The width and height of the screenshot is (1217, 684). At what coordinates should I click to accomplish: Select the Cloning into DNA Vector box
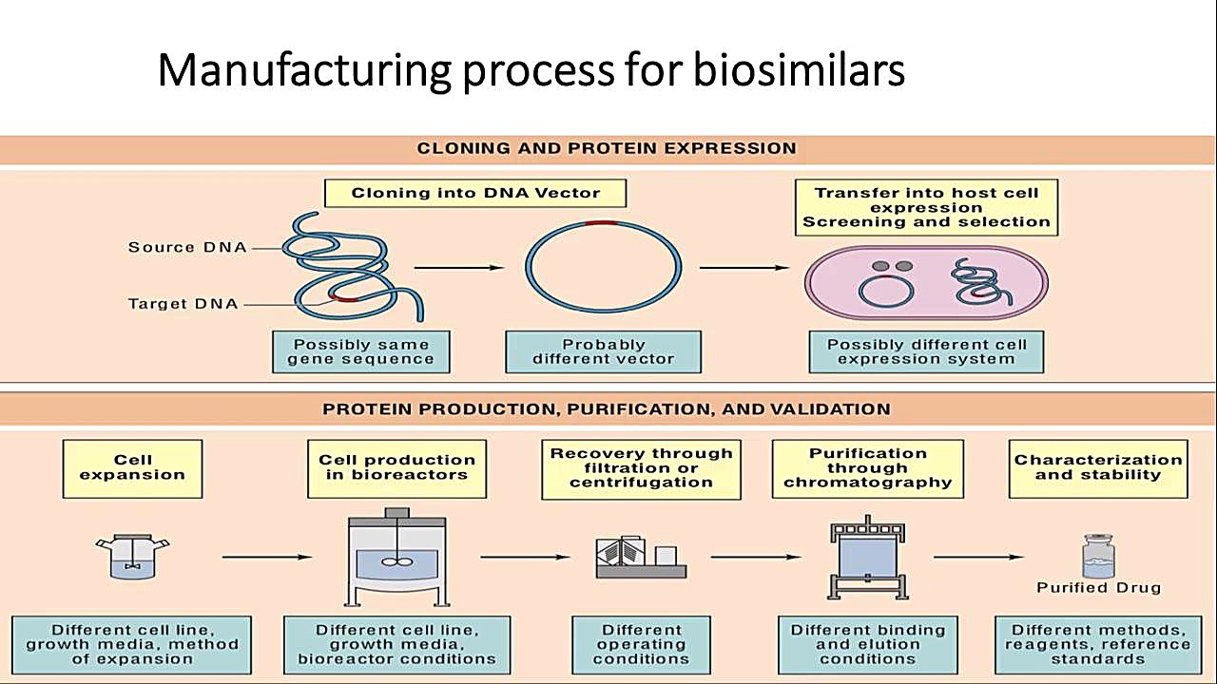[475, 193]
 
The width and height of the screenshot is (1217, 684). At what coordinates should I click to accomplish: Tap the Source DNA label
[187, 247]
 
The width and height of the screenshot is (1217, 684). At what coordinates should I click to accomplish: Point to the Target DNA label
[184, 304]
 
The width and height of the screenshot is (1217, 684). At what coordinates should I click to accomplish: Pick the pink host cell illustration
[926, 282]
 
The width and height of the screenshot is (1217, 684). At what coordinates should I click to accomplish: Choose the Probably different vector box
[603, 351]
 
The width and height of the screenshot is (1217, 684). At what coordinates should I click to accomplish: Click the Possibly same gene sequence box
[360, 351]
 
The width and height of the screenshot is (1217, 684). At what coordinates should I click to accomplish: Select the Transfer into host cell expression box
[926, 207]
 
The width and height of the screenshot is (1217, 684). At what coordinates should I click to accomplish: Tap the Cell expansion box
[132, 467]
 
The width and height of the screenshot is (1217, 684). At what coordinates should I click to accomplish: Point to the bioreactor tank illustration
[396, 556]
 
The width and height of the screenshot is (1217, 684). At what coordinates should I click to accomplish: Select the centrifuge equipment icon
[640, 558]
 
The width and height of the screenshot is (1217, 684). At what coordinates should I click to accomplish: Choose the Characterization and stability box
[1098, 467]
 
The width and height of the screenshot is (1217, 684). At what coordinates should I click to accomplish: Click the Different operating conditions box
[641, 644]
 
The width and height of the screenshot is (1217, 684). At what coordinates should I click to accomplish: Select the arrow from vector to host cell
[744, 268]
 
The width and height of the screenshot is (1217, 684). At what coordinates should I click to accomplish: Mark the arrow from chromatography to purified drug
[978, 557]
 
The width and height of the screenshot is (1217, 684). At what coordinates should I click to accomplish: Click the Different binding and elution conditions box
[867, 644]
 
